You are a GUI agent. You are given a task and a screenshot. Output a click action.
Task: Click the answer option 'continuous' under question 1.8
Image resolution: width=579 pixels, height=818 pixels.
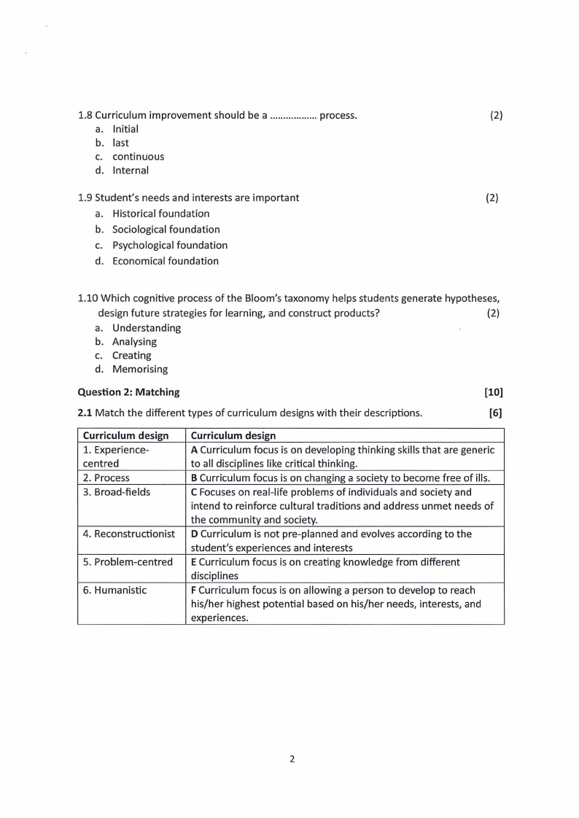click(x=138, y=157)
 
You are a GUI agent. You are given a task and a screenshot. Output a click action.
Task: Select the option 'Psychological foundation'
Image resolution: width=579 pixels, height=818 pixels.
click(x=169, y=246)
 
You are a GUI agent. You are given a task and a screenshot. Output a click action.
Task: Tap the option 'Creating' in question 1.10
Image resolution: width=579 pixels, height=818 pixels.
click(x=131, y=356)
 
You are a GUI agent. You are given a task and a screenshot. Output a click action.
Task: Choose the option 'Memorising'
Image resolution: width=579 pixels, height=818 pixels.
click(x=139, y=370)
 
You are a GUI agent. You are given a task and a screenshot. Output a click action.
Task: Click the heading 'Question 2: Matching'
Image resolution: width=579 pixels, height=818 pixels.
click(x=128, y=392)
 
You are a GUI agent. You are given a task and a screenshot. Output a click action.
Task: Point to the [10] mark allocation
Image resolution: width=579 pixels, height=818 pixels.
click(x=494, y=392)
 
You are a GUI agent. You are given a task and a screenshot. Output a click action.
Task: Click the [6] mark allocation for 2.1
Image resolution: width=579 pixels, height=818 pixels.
click(x=496, y=413)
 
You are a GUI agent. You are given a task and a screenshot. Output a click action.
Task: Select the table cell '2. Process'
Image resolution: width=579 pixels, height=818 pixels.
click(x=106, y=478)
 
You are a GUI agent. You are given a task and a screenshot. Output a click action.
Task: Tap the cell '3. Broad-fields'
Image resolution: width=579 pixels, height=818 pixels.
click(x=117, y=492)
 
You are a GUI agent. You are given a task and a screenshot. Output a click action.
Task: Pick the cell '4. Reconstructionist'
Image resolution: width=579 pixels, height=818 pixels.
click(x=129, y=534)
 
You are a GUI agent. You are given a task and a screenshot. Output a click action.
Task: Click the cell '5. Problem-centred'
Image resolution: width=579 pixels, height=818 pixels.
click(x=128, y=562)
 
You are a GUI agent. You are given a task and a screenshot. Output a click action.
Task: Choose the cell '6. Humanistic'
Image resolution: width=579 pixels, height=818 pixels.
click(x=114, y=590)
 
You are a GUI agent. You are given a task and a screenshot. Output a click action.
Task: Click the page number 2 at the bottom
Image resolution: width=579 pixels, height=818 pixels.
click(x=292, y=759)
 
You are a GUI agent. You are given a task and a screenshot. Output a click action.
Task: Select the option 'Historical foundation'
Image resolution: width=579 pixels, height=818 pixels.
click(x=160, y=214)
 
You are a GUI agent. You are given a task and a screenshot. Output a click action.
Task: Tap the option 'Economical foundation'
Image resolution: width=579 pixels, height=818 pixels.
click(x=165, y=261)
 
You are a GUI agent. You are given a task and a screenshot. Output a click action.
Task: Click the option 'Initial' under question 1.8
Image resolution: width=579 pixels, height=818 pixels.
click(x=125, y=129)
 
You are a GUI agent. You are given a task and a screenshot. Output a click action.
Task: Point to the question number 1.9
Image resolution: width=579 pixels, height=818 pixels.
click(x=85, y=198)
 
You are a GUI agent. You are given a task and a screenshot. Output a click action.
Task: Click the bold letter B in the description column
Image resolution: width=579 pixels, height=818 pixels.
click(x=194, y=478)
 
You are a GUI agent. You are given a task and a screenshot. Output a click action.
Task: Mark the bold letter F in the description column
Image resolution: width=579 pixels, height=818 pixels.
click(x=193, y=590)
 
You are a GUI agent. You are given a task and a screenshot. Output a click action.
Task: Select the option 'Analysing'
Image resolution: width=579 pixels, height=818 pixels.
click(x=134, y=342)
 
